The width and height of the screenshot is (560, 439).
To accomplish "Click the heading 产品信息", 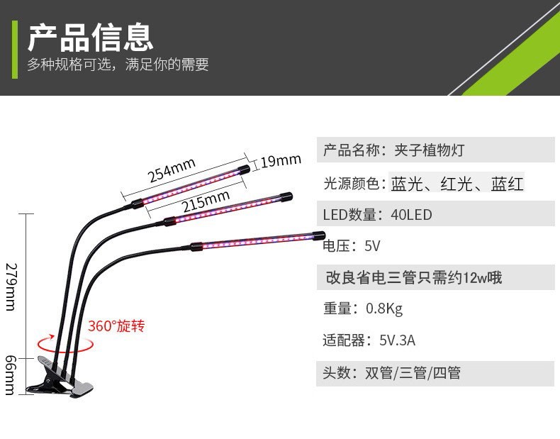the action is [x=90, y=37].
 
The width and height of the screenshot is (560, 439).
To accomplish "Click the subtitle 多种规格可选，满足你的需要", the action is [x=118, y=65].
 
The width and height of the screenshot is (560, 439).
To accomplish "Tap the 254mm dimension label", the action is [x=172, y=170].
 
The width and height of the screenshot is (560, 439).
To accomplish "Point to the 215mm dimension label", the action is [x=206, y=201].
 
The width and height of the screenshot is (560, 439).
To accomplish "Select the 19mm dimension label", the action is [x=281, y=161].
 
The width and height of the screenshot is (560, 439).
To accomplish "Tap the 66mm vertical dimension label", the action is [x=10, y=374].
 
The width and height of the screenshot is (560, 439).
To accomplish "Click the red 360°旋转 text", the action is [x=116, y=326].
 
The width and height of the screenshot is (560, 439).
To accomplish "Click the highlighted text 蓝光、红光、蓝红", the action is [x=457, y=184].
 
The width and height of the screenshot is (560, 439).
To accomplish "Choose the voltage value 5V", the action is [x=372, y=246].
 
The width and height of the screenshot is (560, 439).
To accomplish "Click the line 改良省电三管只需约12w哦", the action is [x=413, y=277].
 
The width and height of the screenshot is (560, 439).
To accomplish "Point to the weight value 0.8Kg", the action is [x=384, y=309].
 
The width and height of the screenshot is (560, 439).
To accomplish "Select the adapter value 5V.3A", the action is [x=397, y=340].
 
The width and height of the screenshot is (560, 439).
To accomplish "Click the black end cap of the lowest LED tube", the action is [x=318, y=235].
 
